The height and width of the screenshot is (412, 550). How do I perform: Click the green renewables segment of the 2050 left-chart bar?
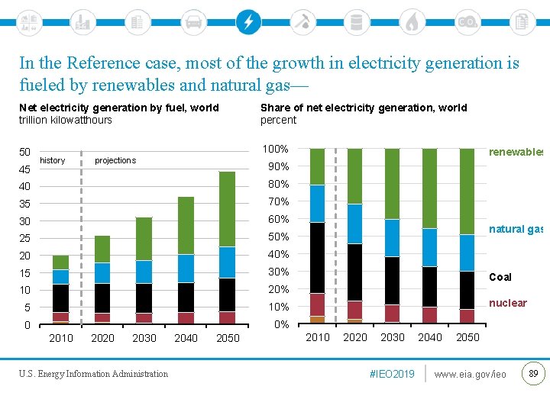(x=227, y=209)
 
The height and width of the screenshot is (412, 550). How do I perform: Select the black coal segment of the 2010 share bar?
(x=317, y=258)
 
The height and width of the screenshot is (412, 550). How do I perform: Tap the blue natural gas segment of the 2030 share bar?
(x=392, y=238)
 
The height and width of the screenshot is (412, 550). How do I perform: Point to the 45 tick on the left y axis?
(x=24, y=169)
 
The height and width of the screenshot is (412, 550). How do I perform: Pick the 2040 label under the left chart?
(x=186, y=338)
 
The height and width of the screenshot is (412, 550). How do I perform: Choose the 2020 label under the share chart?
(x=354, y=337)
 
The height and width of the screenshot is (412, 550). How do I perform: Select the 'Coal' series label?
(x=500, y=277)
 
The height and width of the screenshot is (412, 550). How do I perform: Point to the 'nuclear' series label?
(x=508, y=303)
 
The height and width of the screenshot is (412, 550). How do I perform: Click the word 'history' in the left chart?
(x=53, y=160)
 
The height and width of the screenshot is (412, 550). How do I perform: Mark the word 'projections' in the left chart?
(x=115, y=160)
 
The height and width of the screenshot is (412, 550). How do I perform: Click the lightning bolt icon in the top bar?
(x=247, y=21)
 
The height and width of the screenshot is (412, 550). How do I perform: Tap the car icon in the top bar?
(x=193, y=21)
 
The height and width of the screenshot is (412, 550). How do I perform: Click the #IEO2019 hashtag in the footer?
(x=392, y=374)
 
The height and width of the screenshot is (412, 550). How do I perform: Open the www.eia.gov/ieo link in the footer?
(x=470, y=374)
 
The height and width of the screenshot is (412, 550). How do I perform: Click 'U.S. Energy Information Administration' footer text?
(x=93, y=374)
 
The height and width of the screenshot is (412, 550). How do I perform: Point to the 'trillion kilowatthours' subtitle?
(x=66, y=120)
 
